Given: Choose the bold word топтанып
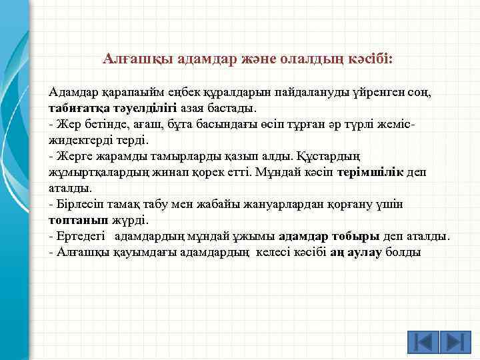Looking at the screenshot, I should point(75,219).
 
